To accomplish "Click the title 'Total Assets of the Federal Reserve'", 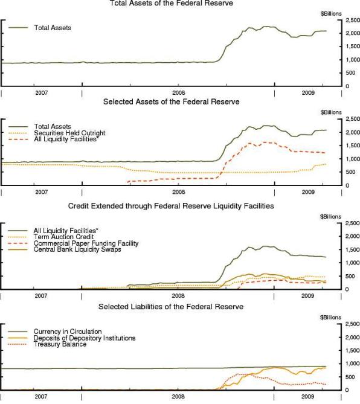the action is pyautogui.click(x=172, y=3).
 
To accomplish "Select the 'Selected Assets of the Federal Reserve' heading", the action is pyautogui.click(x=172, y=101).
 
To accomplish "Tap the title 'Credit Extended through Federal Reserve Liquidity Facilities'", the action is pyautogui.click(x=171, y=206).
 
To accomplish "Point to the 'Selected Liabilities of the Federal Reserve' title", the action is pyautogui.click(x=171, y=307).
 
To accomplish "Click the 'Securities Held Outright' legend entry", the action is pyautogui.click(x=69, y=133).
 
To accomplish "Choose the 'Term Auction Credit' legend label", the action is pyautogui.click(x=63, y=237).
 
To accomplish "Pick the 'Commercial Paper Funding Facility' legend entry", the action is pyautogui.click(x=86, y=243).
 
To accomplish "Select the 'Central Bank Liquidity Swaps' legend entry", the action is pyautogui.click(x=77, y=249).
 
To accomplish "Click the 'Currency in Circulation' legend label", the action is pyautogui.click(x=68, y=332).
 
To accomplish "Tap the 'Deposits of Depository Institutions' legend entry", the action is pyautogui.click(x=85, y=338).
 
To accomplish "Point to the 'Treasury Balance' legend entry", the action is pyautogui.click(x=60, y=344).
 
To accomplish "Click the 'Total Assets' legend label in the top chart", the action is pyautogui.click(x=53, y=28).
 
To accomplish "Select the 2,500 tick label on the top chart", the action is pyautogui.click(x=353, y=20).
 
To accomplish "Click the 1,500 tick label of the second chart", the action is pyautogui.click(x=353, y=146).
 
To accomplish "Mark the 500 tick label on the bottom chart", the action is pyautogui.click(x=350, y=377).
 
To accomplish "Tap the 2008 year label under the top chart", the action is pyautogui.click(x=179, y=93).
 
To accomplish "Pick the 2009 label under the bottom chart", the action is pyautogui.click(x=307, y=397).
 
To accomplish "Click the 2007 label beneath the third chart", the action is pyautogui.click(x=41, y=296).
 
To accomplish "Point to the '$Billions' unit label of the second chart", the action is pyautogui.click(x=331, y=112).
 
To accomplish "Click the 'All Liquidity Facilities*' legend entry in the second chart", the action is pyautogui.click(x=66, y=139).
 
